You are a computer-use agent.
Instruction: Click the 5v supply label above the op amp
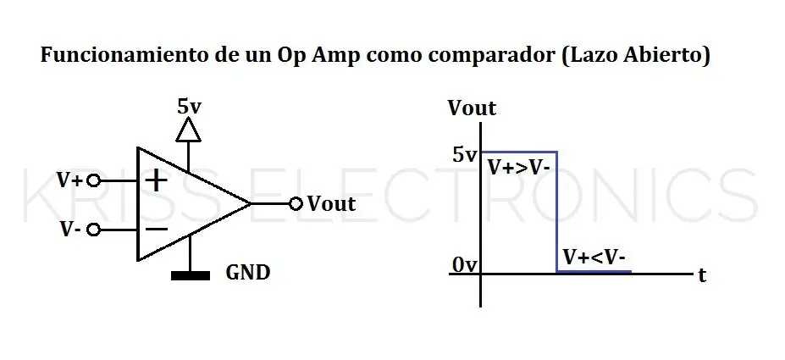click(x=189, y=107)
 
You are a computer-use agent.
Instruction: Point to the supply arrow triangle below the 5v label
click(x=189, y=130)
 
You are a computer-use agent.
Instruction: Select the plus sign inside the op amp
click(x=156, y=180)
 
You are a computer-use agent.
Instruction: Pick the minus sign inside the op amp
click(x=156, y=230)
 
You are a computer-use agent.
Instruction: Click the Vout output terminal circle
click(x=296, y=203)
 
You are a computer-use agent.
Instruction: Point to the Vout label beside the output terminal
click(x=331, y=204)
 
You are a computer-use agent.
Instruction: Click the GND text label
click(x=248, y=273)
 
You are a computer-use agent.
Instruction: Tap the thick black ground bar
click(x=191, y=275)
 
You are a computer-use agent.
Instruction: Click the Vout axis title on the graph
click(x=472, y=108)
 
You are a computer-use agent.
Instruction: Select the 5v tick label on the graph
click(x=465, y=155)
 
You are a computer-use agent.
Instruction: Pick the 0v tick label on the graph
click(x=465, y=265)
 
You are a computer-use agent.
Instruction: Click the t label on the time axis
click(x=702, y=275)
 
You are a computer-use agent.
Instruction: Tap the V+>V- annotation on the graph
click(x=519, y=168)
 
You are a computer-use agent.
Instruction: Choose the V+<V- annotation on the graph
click(x=594, y=258)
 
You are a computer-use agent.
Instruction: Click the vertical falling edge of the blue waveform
click(x=556, y=212)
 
